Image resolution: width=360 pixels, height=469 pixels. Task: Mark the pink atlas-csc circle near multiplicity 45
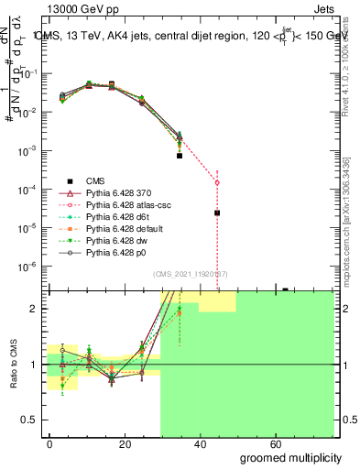[x=217, y=182]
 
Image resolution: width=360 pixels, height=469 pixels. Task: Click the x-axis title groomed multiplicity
[x=290, y=457]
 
